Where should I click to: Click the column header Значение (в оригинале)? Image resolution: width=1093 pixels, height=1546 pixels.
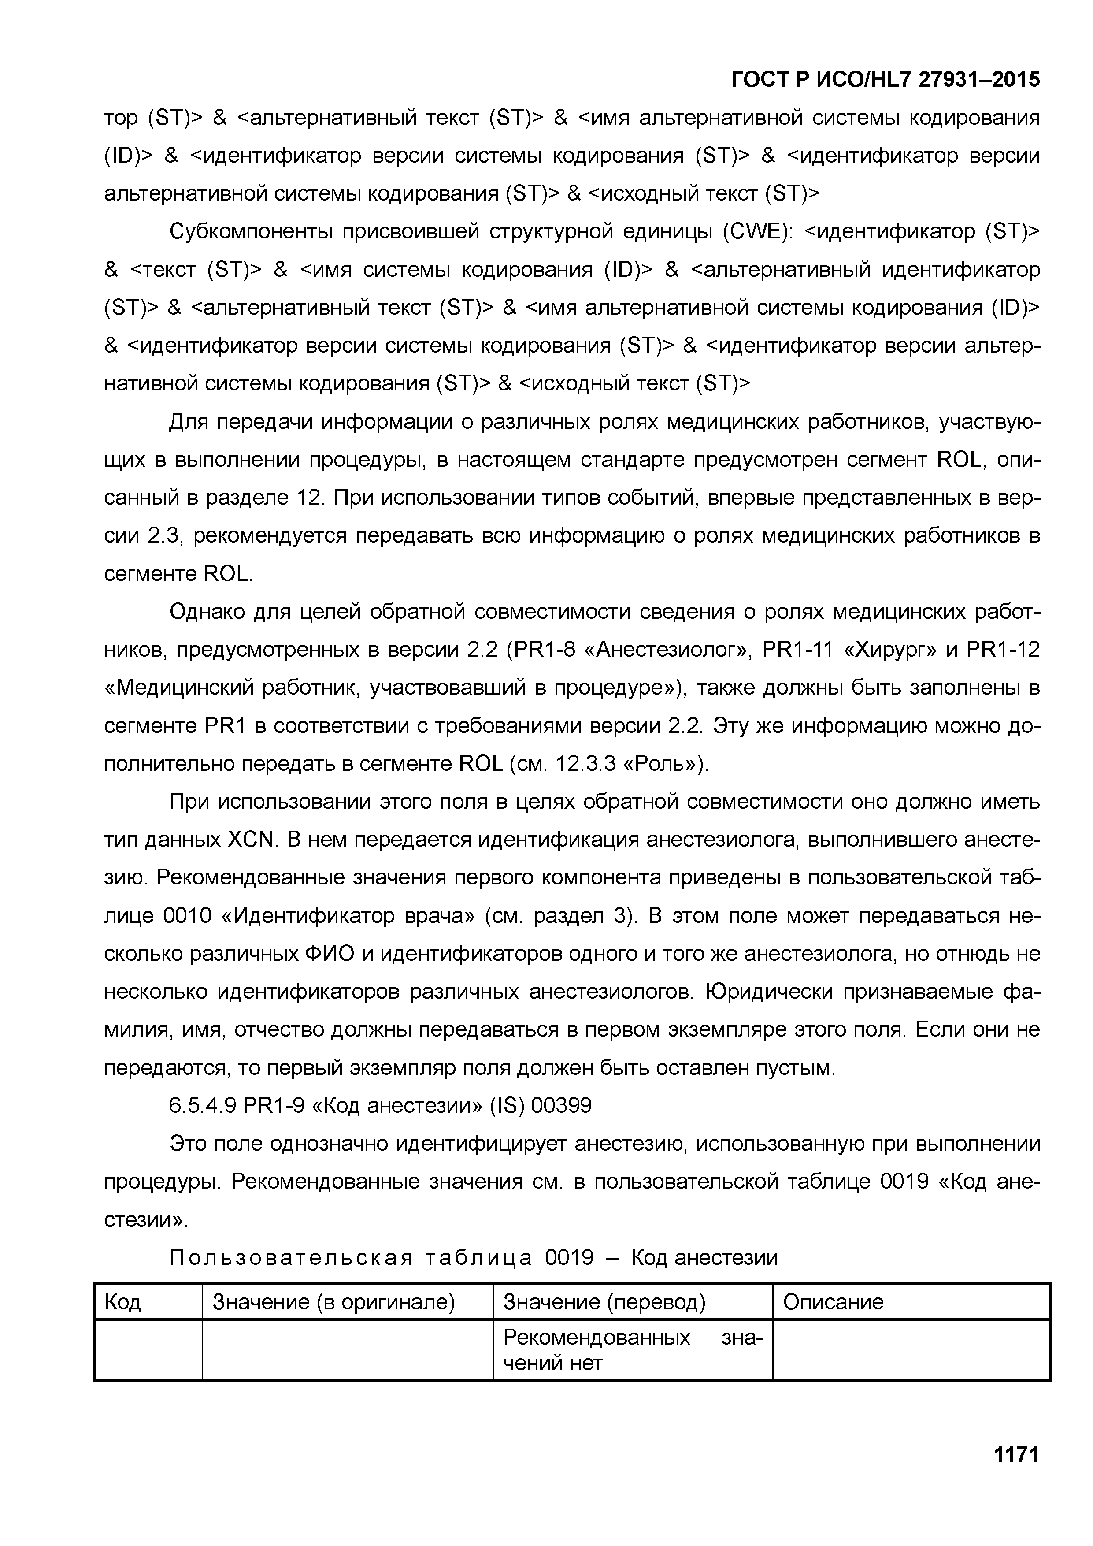pyautogui.click(x=334, y=1302)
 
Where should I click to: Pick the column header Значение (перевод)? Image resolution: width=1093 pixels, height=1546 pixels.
pyautogui.click(x=604, y=1302)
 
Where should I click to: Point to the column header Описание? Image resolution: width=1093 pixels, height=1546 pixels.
pyautogui.click(x=833, y=1302)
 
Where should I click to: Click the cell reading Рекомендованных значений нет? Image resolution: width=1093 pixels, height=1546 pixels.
pyautogui.click(x=632, y=1350)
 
